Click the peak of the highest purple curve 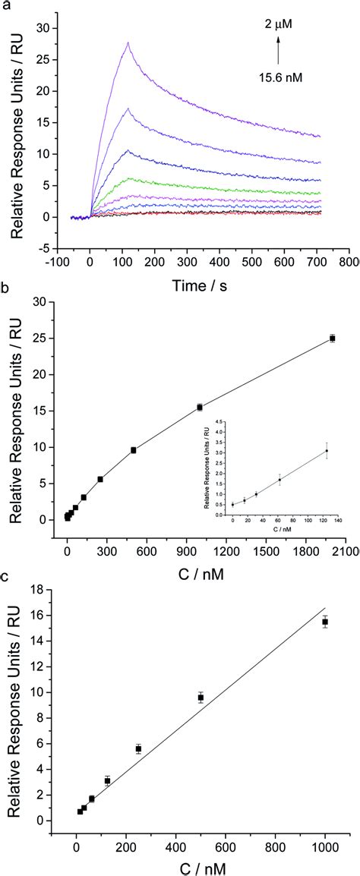(x=128, y=43)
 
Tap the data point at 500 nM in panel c (x=201, y=697)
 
